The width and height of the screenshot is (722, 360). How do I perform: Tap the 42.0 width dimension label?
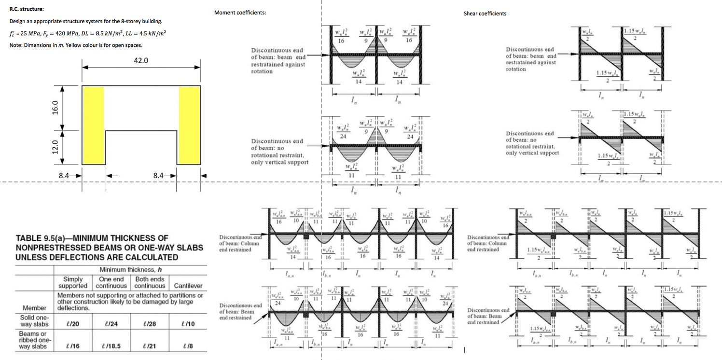click(141, 61)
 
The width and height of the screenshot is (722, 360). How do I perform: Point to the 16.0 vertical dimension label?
click(55, 108)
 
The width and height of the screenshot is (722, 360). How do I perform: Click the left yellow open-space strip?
click(93, 125)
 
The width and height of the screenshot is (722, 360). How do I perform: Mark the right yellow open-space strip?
click(189, 125)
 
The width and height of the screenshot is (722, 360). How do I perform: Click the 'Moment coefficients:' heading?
click(240, 13)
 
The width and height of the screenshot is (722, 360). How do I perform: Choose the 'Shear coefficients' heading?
click(485, 14)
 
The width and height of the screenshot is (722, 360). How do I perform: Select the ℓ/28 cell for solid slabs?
click(149, 323)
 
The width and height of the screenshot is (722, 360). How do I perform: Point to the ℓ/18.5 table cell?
click(111, 346)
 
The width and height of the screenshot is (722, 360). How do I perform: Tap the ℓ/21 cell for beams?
click(149, 346)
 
